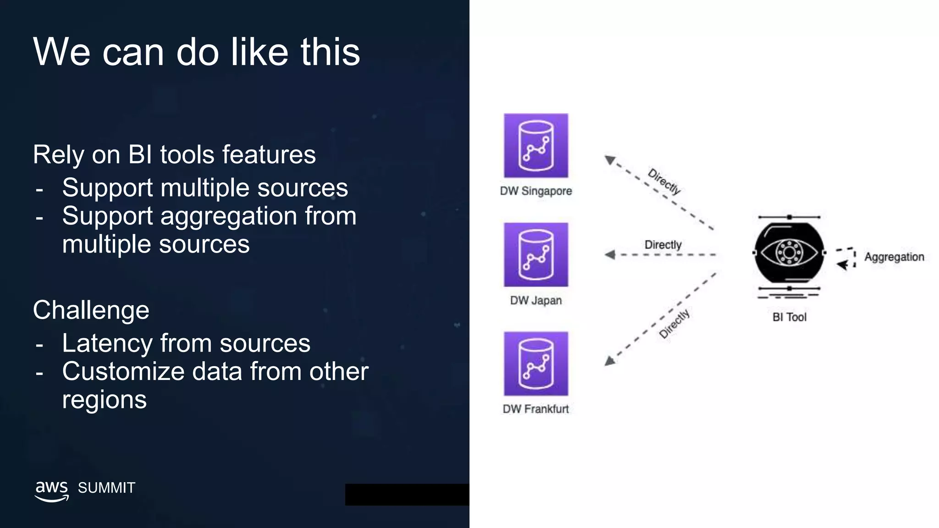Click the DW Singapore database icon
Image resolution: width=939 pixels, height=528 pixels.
click(536, 146)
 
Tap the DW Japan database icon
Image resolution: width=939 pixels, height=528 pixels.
click(536, 255)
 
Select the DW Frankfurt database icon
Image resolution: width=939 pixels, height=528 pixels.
click(536, 364)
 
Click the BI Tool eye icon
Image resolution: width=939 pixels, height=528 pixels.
click(789, 253)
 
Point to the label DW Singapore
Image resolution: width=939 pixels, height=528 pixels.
click(536, 191)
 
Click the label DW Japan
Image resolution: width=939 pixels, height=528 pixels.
click(536, 301)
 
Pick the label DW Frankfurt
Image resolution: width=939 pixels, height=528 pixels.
click(536, 409)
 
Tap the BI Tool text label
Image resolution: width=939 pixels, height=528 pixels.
click(789, 317)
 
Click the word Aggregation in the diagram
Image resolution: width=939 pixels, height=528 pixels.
click(894, 257)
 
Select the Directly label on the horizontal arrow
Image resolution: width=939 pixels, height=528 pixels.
click(663, 245)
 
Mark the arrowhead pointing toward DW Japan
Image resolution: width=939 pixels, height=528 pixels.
click(610, 255)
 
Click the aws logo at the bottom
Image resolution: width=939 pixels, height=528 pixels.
click(52, 490)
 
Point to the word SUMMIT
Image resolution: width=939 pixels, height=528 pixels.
click(106, 488)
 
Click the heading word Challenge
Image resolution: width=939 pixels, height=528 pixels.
click(91, 310)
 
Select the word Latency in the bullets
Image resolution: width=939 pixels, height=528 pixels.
click(108, 343)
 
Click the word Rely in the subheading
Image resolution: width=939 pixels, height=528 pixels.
click(59, 155)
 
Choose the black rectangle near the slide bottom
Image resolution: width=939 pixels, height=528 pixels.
click(407, 495)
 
